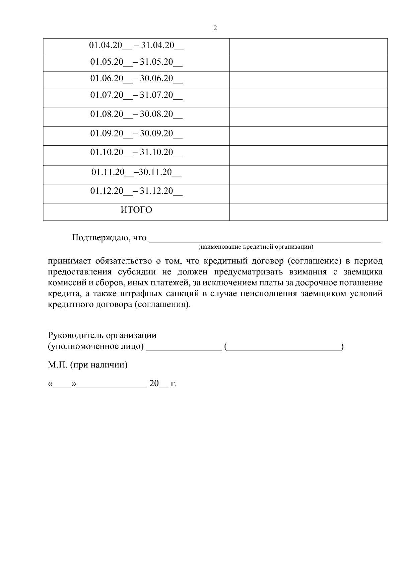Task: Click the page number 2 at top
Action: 215,28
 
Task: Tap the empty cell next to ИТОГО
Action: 308,212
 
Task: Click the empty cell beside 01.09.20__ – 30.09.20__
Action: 308,136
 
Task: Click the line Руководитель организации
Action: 102,335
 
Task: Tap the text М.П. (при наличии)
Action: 88,365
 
